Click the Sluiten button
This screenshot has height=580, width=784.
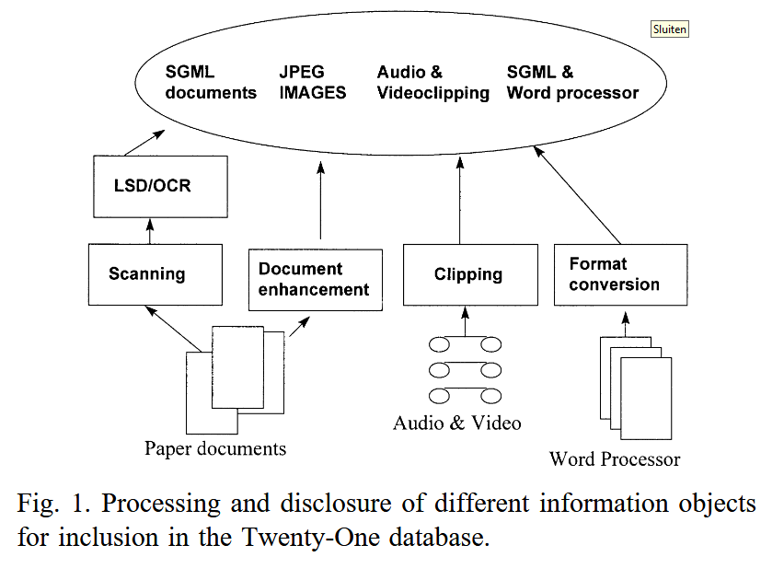tap(669, 29)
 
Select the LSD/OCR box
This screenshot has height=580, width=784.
tap(161, 187)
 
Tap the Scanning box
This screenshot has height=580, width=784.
tap(156, 273)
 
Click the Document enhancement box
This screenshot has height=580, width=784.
tap(315, 280)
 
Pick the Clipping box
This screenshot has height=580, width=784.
tap(469, 274)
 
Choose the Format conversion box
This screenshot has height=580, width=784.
tap(621, 274)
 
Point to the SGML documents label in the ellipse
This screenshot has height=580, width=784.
tap(211, 82)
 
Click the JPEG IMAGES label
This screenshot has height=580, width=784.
tap(313, 82)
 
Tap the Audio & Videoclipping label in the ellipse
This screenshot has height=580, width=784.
tap(432, 82)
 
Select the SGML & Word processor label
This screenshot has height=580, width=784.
tap(572, 82)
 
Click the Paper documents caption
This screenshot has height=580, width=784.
tap(215, 449)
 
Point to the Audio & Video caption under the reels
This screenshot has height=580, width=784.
tap(457, 423)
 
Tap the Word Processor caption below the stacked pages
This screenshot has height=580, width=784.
tap(615, 458)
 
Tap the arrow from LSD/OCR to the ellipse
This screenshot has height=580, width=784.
tap(144, 144)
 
